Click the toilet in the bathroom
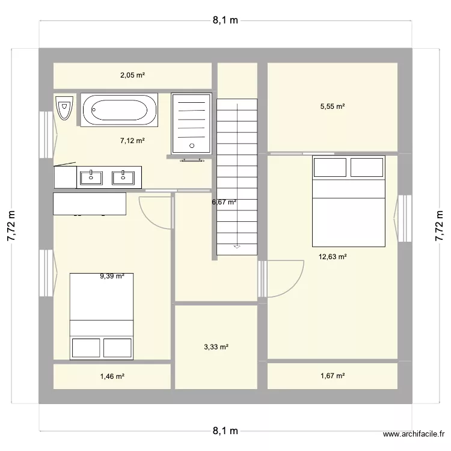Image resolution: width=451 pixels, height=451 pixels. click(64, 108)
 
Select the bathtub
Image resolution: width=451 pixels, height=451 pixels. click(118, 110)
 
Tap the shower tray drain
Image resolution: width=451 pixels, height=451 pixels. click(192, 145)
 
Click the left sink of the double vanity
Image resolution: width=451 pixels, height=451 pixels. click(91, 177)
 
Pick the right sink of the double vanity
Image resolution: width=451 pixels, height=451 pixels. click(123, 177)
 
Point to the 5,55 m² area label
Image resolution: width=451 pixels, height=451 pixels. click(333, 106)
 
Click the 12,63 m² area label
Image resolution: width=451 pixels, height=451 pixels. click(333, 257)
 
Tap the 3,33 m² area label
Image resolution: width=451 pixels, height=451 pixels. click(216, 347)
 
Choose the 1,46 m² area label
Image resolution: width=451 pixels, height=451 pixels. click(112, 376)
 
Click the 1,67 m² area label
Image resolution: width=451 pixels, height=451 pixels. click(333, 376)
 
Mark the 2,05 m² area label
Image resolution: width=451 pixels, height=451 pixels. click(132, 76)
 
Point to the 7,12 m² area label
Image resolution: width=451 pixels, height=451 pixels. click(132, 141)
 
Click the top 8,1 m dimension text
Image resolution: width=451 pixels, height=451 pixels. click(225, 20)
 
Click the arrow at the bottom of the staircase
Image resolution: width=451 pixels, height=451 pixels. click(237, 246)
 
